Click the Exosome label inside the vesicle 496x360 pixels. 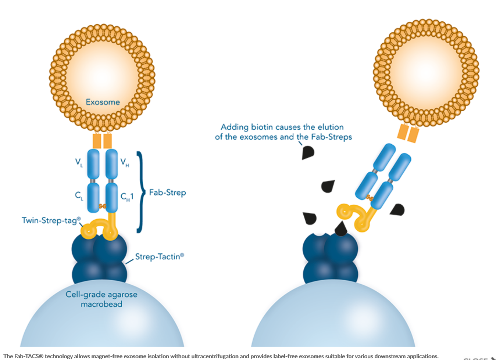[x=103, y=102]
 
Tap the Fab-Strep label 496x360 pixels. [x=167, y=192]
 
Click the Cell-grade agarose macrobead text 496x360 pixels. [x=101, y=299]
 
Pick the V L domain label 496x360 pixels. [x=79, y=162]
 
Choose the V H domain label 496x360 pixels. [x=125, y=162]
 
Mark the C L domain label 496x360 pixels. [x=79, y=196]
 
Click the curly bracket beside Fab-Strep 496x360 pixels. [x=140, y=192]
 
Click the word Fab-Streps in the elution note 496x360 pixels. [x=331, y=137]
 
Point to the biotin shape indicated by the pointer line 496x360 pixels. [x=308, y=152]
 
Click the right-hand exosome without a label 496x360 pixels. [x=426, y=72]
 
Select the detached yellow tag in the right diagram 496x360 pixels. [x=355, y=217]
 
